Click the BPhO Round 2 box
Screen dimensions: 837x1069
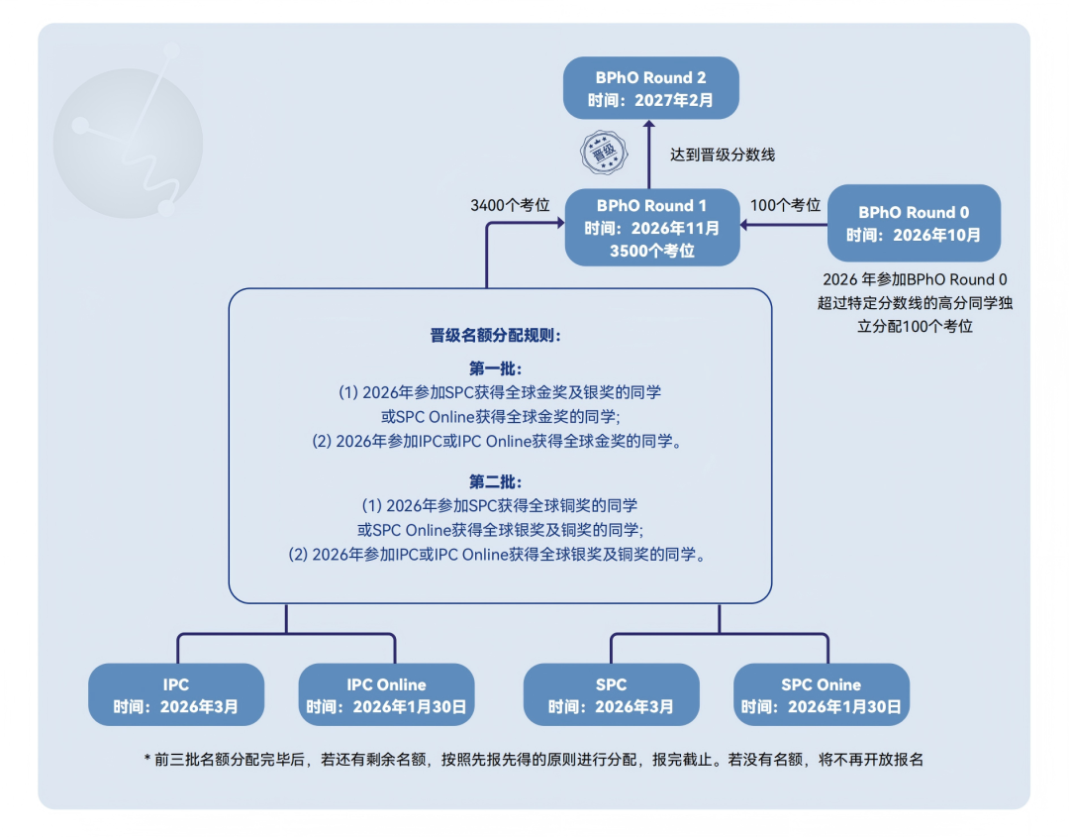click(x=650, y=88)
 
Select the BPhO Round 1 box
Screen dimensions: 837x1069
click(x=652, y=228)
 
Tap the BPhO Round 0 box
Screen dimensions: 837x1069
click(x=914, y=223)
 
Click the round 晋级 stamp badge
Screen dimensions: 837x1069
click(x=599, y=153)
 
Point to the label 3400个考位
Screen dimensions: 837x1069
click(x=510, y=205)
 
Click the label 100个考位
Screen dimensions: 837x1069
click(x=786, y=205)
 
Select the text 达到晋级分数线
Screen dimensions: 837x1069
click(x=722, y=155)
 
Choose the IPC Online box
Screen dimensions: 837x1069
click(x=386, y=695)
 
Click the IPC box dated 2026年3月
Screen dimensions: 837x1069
click(x=176, y=695)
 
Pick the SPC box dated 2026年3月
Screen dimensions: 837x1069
click(x=611, y=695)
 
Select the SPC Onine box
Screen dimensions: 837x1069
click(x=821, y=695)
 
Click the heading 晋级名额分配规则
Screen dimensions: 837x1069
click(x=496, y=336)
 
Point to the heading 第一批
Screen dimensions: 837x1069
click(x=496, y=368)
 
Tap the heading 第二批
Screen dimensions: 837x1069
click(x=496, y=481)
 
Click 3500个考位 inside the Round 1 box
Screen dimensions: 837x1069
click(x=652, y=251)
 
